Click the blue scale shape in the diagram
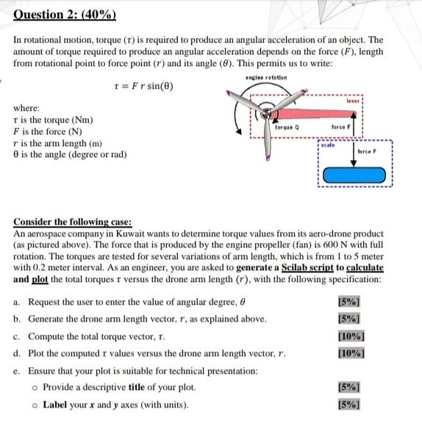coord(354,178)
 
